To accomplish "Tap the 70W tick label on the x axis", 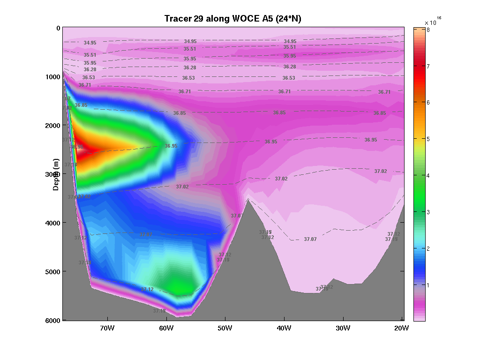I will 107,328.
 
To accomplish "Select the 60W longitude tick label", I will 166,328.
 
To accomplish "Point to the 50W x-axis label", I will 225,328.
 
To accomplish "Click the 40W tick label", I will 284,328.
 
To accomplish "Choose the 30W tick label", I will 343,328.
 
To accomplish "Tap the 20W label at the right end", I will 402,328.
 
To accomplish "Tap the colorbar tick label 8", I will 429,30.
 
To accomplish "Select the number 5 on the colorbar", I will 428,139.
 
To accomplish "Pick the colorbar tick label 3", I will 428,212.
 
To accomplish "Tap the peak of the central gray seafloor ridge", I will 248,200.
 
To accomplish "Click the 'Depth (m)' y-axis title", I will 56,174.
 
